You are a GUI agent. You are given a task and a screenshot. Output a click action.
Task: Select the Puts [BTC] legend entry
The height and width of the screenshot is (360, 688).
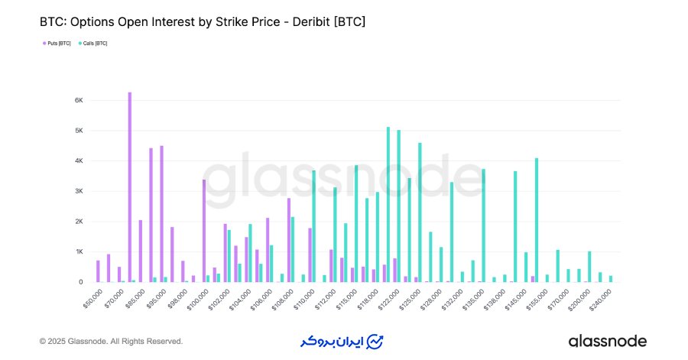click(x=57, y=44)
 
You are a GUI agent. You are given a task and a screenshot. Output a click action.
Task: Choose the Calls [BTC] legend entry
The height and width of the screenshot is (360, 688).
click(x=94, y=44)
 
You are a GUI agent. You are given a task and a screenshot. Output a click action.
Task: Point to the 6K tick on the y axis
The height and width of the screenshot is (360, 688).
click(x=79, y=100)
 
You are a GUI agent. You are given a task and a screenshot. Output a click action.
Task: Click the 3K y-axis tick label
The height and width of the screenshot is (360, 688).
click(x=79, y=191)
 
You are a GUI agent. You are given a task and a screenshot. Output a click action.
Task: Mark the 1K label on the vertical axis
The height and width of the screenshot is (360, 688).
click(x=79, y=251)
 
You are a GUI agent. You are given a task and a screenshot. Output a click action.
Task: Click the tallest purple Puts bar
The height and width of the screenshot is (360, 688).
click(x=130, y=187)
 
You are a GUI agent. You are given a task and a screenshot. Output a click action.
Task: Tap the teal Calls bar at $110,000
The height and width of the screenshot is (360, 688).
click(x=313, y=226)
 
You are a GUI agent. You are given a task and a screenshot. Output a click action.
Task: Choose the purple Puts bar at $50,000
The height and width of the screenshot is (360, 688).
click(x=98, y=271)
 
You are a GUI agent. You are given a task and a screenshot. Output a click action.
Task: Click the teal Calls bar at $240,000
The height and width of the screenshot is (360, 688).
click(x=611, y=279)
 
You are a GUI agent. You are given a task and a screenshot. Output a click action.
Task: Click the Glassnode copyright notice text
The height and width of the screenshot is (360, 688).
click(x=111, y=341)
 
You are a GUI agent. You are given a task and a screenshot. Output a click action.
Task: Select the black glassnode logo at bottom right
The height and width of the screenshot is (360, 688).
click(x=607, y=341)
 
